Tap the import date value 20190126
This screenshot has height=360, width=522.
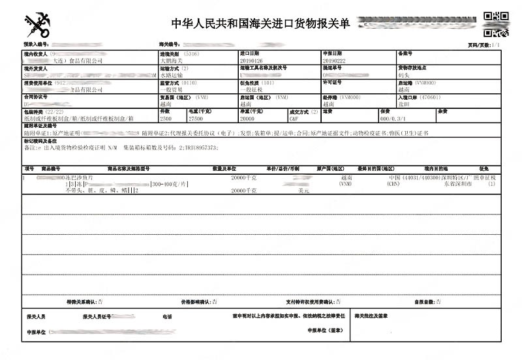[x=250, y=60]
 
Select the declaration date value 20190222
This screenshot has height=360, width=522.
[x=333, y=60]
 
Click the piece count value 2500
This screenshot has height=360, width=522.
[x=166, y=119]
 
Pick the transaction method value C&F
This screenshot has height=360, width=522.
[x=294, y=119]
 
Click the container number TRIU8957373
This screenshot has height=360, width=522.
[x=198, y=148]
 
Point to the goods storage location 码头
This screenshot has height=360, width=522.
[x=404, y=74]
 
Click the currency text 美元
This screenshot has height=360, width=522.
[x=303, y=191]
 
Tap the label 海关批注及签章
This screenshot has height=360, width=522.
[x=371, y=316]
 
